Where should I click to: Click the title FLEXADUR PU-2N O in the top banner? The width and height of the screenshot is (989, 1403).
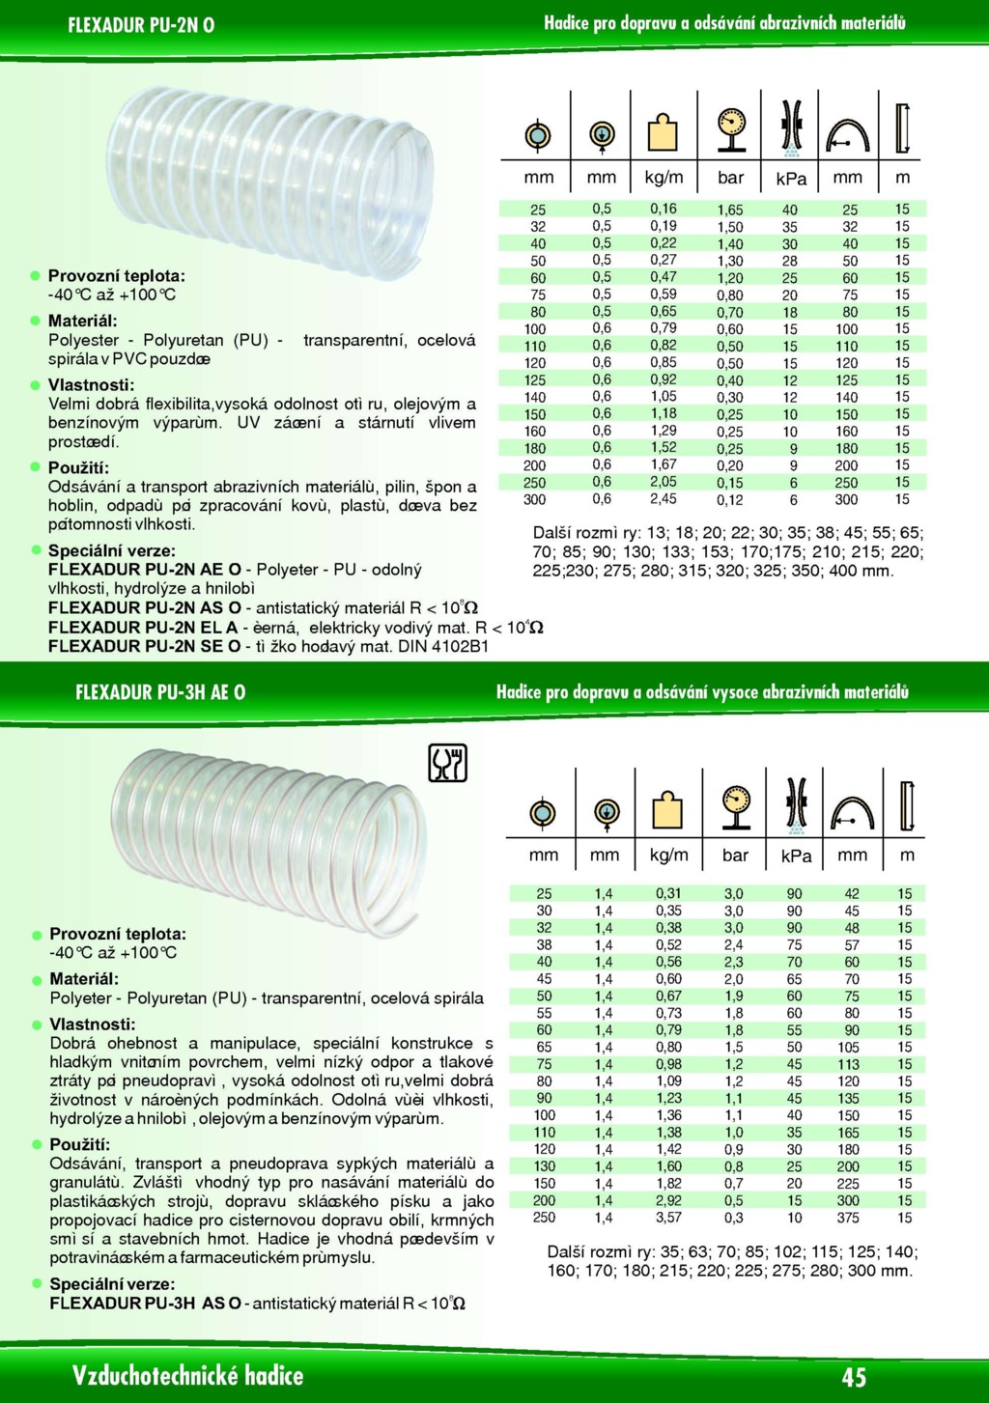click(141, 25)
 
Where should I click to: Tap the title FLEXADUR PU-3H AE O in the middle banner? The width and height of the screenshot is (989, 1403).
click(160, 692)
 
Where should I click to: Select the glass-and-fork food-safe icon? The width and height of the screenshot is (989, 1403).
click(447, 763)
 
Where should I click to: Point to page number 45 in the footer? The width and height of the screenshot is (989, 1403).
click(854, 1377)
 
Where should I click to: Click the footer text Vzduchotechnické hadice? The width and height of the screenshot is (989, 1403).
click(187, 1376)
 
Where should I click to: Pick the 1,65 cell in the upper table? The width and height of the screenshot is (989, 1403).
click(730, 210)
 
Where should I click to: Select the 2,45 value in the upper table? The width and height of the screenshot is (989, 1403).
click(664, 499)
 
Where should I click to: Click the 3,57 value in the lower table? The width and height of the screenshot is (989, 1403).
click(668, 1218)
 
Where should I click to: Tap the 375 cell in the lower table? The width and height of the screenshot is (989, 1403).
click(849, 1218)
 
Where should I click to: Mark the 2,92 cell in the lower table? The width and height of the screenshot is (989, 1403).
click(668, 1200)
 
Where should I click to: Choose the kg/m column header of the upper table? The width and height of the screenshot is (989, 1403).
click(664, 178)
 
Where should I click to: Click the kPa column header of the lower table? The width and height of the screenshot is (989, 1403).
click(796, 856)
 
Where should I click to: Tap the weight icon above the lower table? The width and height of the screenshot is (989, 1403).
click(667, 810)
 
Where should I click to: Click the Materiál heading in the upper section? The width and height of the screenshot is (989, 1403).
click(83, 321)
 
